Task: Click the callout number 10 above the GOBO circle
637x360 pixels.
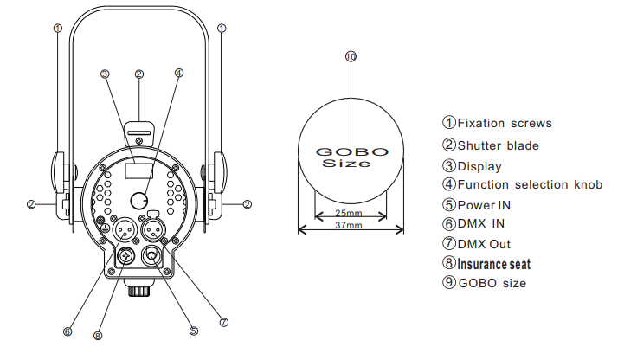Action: point(351,56)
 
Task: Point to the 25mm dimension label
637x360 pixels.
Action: point(349,213)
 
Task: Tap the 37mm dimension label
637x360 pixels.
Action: point(349,225)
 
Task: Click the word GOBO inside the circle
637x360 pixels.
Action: point(351,152)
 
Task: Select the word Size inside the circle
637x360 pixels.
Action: point(346,164)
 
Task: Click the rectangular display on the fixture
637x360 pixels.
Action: point(139,170)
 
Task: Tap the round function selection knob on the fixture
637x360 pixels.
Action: point(139,200)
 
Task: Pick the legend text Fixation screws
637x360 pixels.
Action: point(505,123)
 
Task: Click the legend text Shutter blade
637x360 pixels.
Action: point(498,145)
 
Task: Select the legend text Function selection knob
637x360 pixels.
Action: point(530,184)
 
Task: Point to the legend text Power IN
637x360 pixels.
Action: point(484,205)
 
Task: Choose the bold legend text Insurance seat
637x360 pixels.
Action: point(493,264)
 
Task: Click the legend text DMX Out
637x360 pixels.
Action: point(484,244)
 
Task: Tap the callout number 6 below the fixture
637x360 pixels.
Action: point(68,331)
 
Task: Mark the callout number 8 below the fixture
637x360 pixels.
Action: point(98,336)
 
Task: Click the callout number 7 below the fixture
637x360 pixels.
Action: point(224,322)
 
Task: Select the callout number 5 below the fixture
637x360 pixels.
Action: point(194,331)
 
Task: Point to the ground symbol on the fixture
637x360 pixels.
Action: point(105,227)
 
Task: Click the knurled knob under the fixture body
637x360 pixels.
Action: point(139,292)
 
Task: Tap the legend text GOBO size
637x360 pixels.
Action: point(492,283)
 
